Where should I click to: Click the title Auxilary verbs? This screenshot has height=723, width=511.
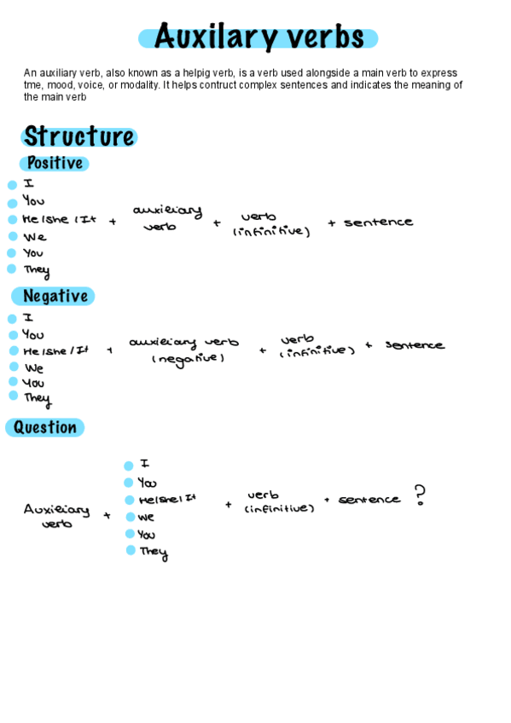(258, 38)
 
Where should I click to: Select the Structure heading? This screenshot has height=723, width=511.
(78, 136)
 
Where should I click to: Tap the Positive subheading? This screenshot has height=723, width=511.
(55, 163)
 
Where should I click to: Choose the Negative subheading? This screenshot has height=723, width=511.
(55, 296)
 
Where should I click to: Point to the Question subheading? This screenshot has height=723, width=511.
(45, 427)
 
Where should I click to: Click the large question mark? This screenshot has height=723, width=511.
(419, 495)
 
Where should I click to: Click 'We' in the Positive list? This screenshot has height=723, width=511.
(35, 237)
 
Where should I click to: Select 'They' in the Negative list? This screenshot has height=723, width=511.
(37, 397)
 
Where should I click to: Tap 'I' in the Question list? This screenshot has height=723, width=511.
(145, 464)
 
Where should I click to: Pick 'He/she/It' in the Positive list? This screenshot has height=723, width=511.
(60, 220)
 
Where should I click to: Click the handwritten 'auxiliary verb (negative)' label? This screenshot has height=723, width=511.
(184, 350)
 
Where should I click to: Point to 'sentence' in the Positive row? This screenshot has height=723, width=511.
(378, 223)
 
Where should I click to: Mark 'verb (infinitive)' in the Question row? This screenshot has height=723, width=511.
(279, 501)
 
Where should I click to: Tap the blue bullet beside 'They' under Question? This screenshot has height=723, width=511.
(131, 551)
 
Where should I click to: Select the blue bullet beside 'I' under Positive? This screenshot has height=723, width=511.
(12, 185)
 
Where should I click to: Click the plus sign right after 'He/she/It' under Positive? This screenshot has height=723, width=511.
(113, 222)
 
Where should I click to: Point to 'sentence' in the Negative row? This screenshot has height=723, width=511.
(415, 345)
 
